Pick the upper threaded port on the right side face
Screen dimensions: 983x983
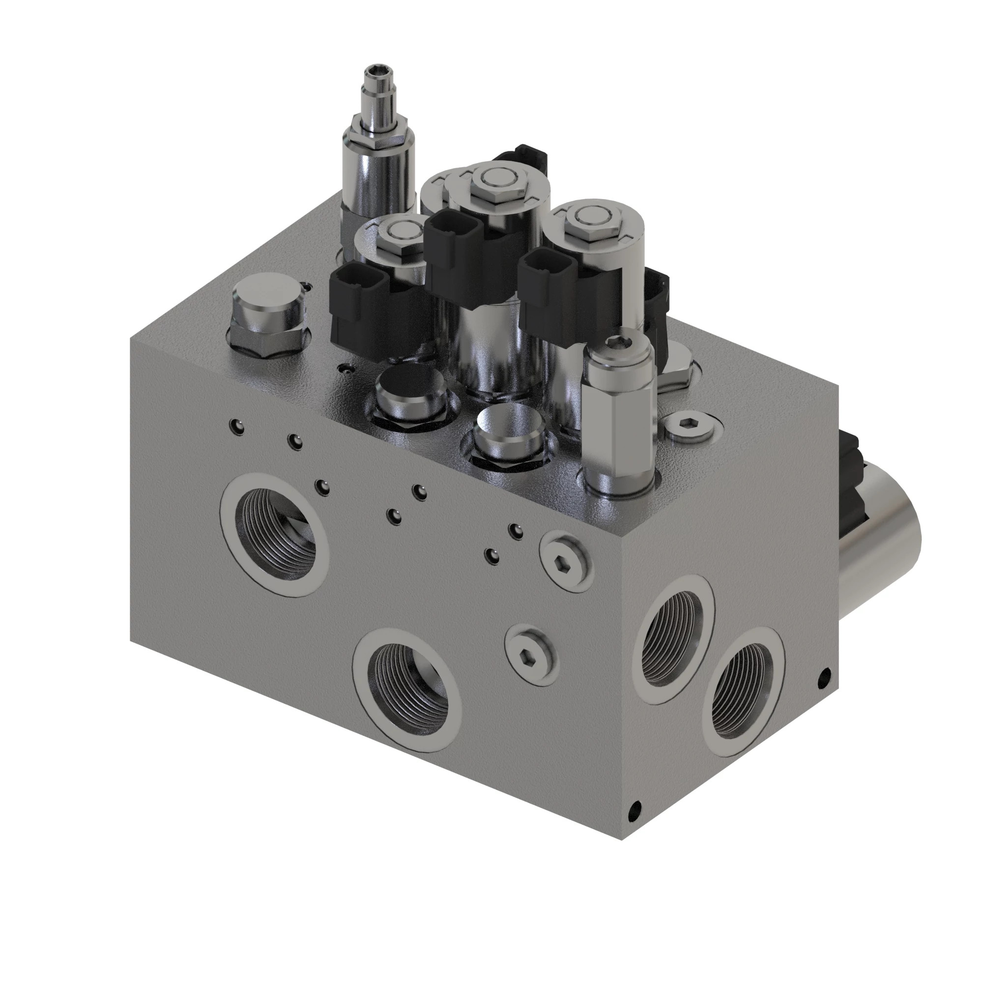(x=673, y=639)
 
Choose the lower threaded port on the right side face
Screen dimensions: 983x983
(x=743, y=685)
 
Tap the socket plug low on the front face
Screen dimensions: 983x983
(x=530, y=654)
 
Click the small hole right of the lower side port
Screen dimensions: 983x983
(x=825, y=677)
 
